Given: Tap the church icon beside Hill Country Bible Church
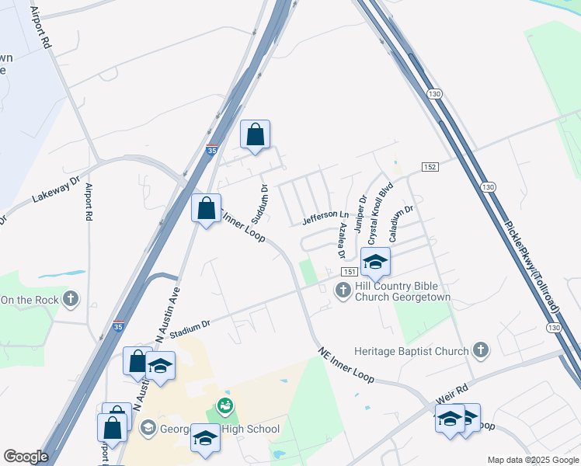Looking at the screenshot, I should pos(343,290).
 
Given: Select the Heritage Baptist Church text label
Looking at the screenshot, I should pos(411,351).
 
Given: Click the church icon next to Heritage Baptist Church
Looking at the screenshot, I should pos(481,351).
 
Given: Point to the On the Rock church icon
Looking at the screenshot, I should pos(71,299).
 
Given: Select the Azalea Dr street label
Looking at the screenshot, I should pos(340,241).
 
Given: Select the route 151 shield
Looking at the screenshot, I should pos(349,271).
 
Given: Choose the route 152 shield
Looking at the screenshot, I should pos(430,167).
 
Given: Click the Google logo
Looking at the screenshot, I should pos(25,457).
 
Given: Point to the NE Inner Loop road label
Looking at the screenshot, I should pos(346,365).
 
